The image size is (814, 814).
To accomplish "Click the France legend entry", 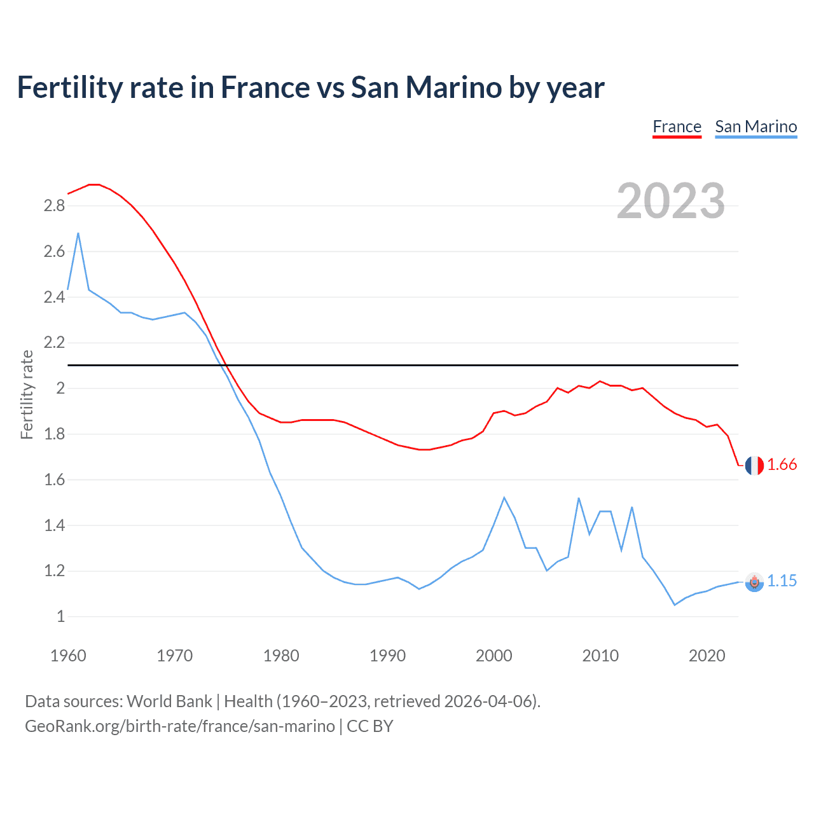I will pyautogui.click(x=677, y=127).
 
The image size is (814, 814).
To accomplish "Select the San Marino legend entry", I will pyautogui.click(x=755, y=127).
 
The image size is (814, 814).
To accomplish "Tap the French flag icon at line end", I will pyautogui.click(x=754, y=466).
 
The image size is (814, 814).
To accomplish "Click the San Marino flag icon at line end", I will pyautogui.click(x=754, y=582).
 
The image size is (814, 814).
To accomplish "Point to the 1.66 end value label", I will pyautogui.click(x=782, y=465).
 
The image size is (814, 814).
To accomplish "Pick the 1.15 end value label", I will pyautogui.click(x=782, y=581).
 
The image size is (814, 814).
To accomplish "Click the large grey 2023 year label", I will pyautogui.click(x=670, y=201).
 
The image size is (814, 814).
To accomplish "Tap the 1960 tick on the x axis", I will pyautogui.click(x=68, y=656).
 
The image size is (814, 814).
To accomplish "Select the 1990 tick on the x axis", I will pyautogui.click(x=387, y=656).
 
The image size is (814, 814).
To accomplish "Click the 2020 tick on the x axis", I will pyautogui.click(x=707, y=656).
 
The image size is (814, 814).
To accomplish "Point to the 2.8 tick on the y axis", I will pyautogui.click(x=54, y=205).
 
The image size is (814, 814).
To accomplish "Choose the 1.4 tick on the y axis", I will pyautogui.click(x=54, y=525).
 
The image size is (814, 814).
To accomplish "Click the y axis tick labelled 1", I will pyautogui.click(x=61, y=616).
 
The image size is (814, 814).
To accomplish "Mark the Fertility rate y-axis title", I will pyautogui.click(x=27, y=394).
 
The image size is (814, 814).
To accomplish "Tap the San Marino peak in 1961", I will pyautogui.click(x=78, y=233).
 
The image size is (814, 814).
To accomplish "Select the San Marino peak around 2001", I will pyautogui.click(x=504, y=497).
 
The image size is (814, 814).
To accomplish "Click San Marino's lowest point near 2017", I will pyautogui.click(x=675, y=605).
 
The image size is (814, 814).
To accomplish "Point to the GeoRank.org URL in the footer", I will pyautogui.click(x=180, y=726).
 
